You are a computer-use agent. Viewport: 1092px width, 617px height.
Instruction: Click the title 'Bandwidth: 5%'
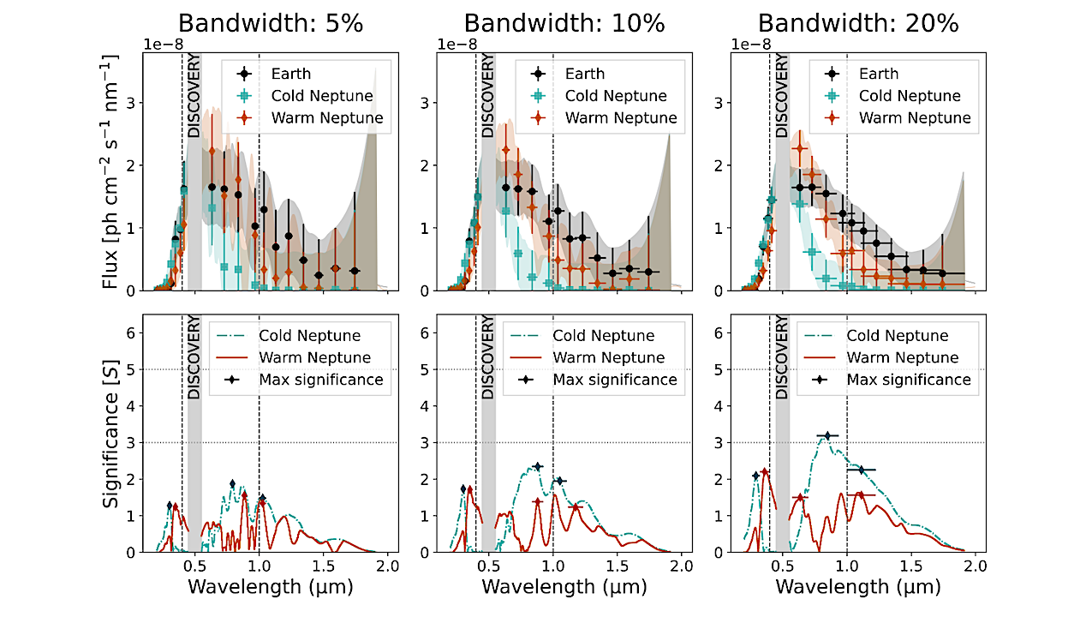271,23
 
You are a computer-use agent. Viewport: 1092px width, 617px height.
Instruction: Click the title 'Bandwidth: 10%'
564,23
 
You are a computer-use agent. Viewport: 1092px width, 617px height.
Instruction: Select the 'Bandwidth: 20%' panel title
858,23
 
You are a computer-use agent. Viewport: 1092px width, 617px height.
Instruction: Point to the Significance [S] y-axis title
110,434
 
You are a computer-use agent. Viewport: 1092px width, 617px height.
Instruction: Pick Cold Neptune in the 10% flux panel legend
615,96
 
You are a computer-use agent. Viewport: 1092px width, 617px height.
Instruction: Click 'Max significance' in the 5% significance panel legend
321,379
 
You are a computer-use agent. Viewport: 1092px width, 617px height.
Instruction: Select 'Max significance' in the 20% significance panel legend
910,379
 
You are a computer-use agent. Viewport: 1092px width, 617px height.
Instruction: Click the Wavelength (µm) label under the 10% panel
564,587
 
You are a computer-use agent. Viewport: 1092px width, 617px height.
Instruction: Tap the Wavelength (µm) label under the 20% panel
858,587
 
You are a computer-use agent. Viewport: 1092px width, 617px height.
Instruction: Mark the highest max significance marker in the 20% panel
826,436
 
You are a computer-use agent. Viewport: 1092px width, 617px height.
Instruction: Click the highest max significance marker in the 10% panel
538,466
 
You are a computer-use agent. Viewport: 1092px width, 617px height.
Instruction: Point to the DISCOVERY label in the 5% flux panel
194,96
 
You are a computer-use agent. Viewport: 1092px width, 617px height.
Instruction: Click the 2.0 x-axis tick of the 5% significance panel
387,566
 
